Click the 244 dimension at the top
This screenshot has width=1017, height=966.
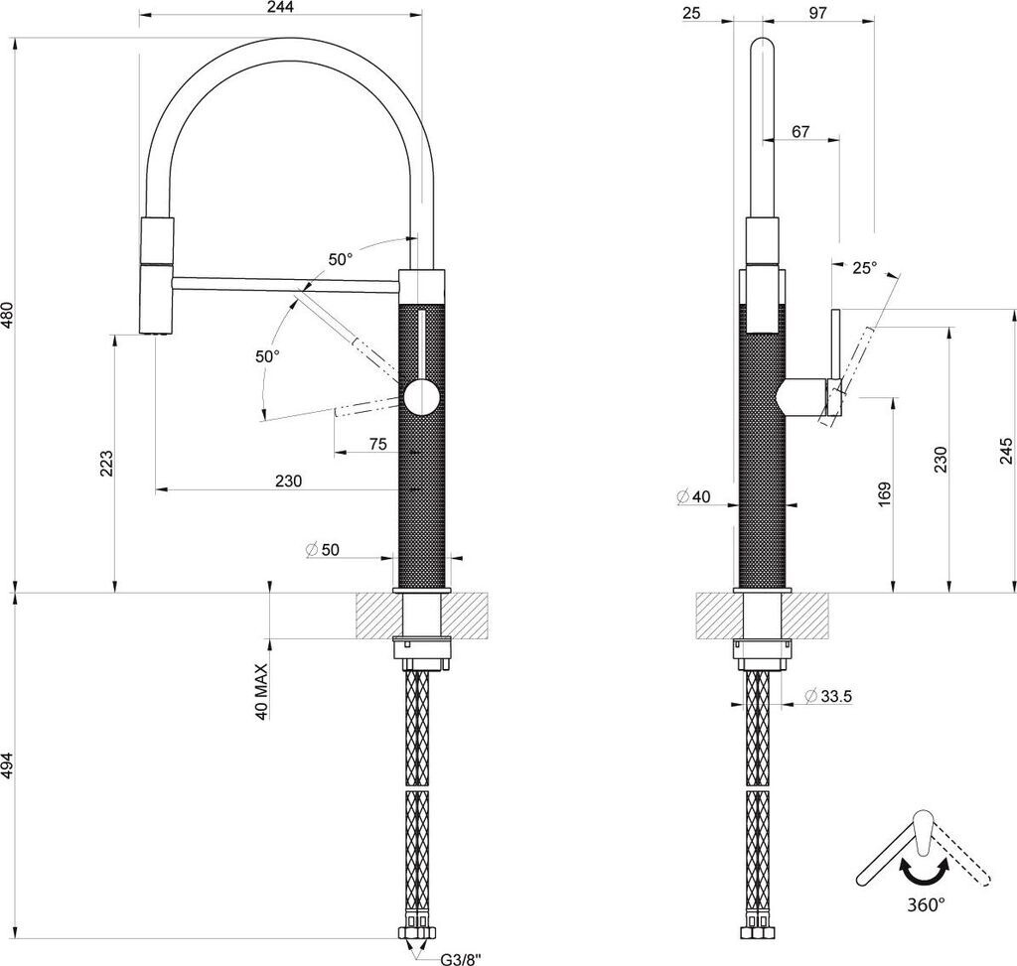pos(279,7)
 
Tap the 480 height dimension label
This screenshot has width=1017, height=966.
pos(7,315)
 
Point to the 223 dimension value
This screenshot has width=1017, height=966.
pos(106,464)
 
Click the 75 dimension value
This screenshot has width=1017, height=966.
pos(377,444)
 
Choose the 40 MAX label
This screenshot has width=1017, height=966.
pos(261,691)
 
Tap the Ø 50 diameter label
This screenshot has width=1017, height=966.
pos(323,550)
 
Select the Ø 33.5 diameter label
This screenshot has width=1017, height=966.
pos(827,696)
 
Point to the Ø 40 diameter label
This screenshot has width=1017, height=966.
pos(693,497)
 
